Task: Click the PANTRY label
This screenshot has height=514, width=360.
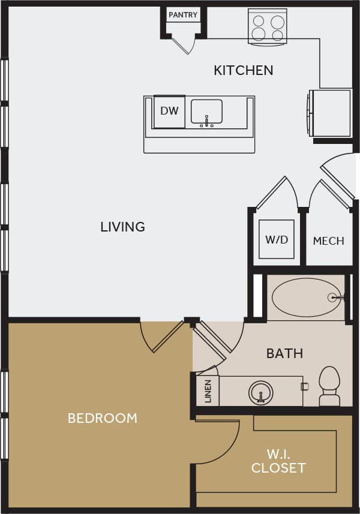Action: [x=183, y=15]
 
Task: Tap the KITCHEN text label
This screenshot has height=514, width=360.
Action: [x=243, y=70]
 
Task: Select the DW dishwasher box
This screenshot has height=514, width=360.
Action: [x=169, y=111]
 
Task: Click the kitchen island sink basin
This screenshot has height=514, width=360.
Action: [x=206, y=112]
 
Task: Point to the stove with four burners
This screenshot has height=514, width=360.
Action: [x=268, y=26]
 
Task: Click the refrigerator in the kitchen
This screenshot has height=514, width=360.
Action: [x=331, y=113]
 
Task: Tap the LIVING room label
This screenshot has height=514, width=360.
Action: [x=122, y=227]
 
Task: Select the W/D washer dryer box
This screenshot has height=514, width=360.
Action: [x=277, y=240]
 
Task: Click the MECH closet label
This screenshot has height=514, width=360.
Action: [x=328, y=241]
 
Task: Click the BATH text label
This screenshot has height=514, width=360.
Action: [x=284, y=353]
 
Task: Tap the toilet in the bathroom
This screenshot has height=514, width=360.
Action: [x=329, y=386]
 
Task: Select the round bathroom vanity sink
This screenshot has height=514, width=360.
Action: [x=261, y=393]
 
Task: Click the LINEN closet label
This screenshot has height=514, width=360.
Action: [x=208, y=391]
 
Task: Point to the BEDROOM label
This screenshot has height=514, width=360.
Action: [x=102, y=418]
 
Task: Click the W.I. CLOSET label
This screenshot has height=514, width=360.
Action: [x=278, y=461]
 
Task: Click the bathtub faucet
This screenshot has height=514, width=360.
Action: [x=336, y=297]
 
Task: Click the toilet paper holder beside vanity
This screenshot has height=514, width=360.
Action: [x=304, y=387]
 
